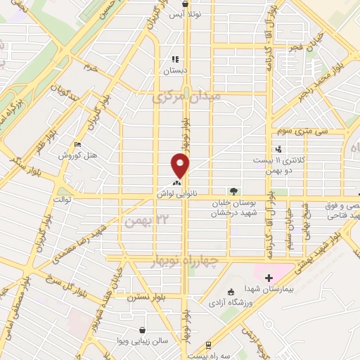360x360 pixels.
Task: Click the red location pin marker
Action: point(181,166)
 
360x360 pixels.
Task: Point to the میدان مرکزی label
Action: point(186,96)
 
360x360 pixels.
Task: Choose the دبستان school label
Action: point(176,71)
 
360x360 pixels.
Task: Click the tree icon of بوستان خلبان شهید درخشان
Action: point(233,191)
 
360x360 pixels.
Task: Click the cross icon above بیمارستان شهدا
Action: point(269,279)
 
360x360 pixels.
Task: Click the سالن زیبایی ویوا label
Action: point(143,340)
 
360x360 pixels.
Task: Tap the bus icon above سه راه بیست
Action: point(208,345)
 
